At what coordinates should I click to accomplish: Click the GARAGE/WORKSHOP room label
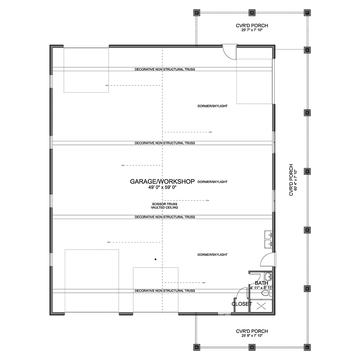click(x=162, y=181)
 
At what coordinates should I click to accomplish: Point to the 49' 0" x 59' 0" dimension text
click(x=162, y=187)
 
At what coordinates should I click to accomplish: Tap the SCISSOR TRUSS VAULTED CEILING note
click(x=164, y=206)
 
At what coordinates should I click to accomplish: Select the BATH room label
click(x=261, y=283)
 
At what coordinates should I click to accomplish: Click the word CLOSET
click(x=242, y=304)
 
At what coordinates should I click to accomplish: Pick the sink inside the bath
click(x=268, y=277)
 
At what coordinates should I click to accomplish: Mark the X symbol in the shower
click(x=261, y=306)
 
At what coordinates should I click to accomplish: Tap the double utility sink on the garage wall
click(x=268, y=239)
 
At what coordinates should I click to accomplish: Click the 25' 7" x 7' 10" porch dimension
click(x=252, y=30)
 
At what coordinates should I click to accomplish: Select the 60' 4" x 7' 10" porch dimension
click(x=295, y=180)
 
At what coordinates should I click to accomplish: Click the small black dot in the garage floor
click(x=155, y=259)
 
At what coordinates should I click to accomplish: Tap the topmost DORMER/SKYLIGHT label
click(x=212, y=106)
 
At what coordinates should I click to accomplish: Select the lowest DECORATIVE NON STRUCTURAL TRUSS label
click(x=165, y=291)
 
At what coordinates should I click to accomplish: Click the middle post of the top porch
click(x=252, y=13)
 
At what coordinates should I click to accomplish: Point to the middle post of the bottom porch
click(x=252, y=347)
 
